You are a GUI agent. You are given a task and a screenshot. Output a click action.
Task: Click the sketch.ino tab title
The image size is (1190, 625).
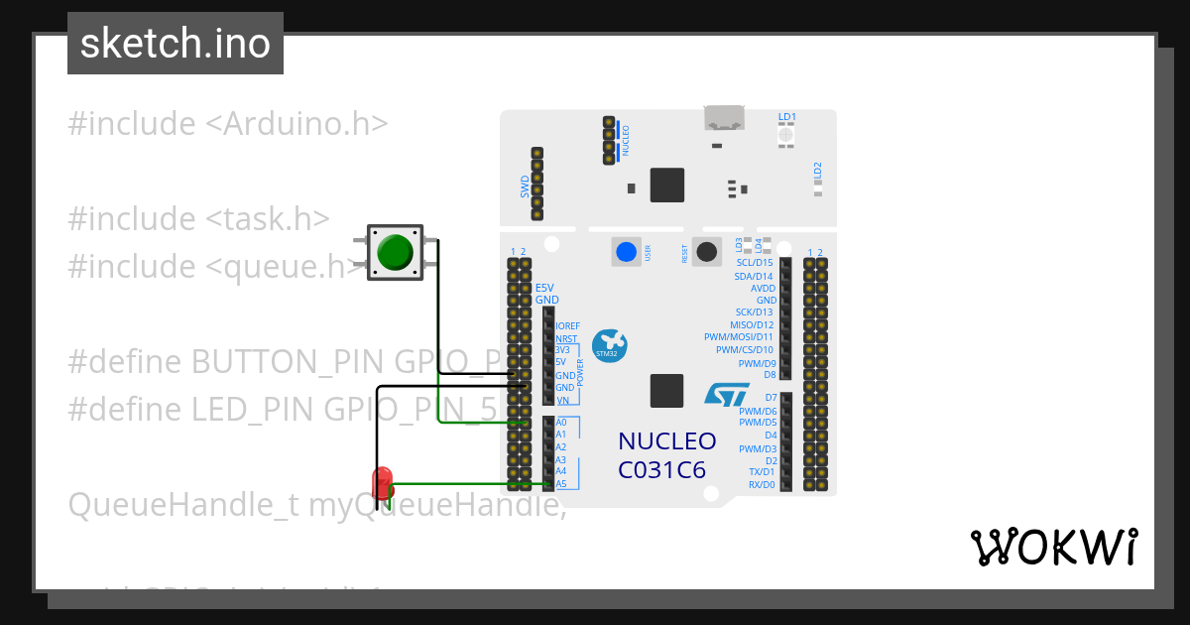[176, 44]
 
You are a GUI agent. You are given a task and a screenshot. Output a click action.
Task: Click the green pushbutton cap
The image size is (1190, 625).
[395, 252]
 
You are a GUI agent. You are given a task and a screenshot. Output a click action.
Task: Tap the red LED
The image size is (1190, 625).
[382, 483]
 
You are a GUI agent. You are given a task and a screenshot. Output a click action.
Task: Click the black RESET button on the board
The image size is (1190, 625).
[706, 252]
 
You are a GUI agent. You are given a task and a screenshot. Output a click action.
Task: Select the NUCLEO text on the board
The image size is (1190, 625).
[666, 440]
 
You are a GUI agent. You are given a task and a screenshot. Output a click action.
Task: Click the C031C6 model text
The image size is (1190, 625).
[661, 469]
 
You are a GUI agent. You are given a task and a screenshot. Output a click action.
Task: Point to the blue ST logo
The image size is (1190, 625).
[727, 394]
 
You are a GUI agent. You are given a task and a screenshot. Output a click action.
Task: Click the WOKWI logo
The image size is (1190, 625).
[1053, 547]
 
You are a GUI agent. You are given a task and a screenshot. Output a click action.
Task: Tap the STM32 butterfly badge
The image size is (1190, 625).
[607, 343]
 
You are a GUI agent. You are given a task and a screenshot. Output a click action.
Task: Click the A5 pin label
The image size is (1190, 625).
[561, 484]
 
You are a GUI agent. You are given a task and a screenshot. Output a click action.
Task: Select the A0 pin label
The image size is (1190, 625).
[561, 422]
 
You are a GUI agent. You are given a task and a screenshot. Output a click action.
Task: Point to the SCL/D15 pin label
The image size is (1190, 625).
[753, 263]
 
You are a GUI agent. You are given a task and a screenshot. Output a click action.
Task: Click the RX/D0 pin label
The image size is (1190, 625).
[762, 485]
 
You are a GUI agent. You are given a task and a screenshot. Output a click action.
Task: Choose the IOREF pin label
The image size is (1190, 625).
[568, 325]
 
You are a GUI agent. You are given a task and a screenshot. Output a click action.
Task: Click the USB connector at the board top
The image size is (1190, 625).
[725, 117]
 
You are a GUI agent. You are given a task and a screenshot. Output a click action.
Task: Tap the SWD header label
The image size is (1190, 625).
[525, 187]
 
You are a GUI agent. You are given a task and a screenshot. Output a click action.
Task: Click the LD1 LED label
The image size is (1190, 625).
[787, 117]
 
